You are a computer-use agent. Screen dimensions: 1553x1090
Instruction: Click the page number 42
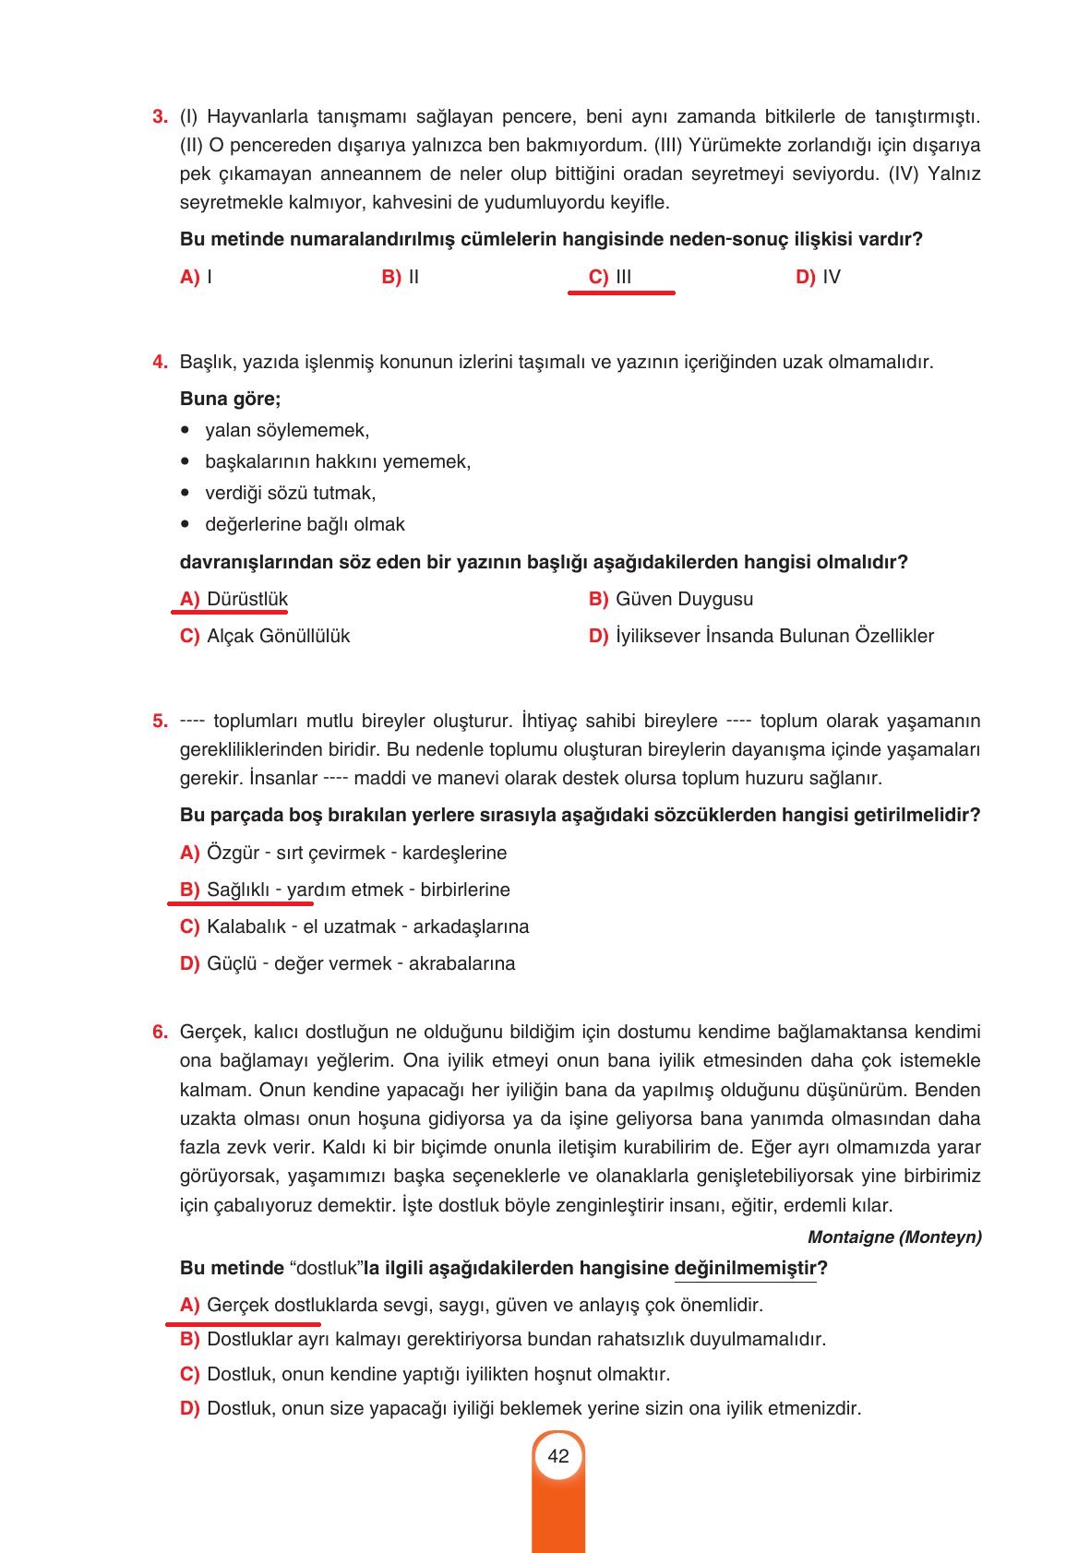[x=557, y=1456]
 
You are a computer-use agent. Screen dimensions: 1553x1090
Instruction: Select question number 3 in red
[x=160, y=117]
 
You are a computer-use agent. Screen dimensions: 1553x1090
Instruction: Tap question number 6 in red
[x=160, y=1032]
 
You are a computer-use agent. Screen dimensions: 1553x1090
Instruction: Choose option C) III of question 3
[x=610, y=277]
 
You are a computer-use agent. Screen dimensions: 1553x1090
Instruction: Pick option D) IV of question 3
[x=818, y=277]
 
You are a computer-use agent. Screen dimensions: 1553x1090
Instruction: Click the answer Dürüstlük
[x=246, y=599]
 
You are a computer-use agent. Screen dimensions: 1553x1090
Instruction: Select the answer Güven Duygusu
[x=683, y=599]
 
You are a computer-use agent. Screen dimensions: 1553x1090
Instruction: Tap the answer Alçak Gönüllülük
[x=277, y=636]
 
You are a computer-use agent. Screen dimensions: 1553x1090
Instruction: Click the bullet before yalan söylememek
[x=186, y=430]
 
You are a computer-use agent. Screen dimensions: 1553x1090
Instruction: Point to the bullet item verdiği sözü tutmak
[x=290, y=493]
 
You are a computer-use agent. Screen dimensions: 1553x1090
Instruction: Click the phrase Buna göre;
[x=230, y=399]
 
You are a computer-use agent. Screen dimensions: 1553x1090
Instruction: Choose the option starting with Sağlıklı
[x=357, y=890]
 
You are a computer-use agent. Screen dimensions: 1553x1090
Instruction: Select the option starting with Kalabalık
[x=366, y=926]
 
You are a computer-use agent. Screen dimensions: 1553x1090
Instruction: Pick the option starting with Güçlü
[x=360, y=963]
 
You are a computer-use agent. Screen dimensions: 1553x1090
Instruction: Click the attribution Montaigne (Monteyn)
[x=893, y=1236]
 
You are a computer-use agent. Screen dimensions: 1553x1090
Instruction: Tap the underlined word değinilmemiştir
[x=745, y=1268]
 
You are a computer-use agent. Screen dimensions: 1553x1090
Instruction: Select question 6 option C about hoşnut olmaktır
[x=437, y=1374]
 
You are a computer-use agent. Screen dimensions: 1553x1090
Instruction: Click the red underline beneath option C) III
[x=620, y=293]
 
